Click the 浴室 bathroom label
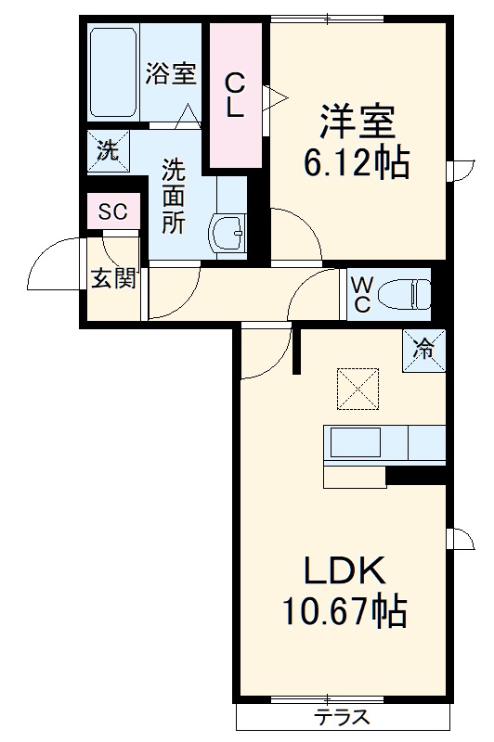[170, 74]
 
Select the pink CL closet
[235, 96]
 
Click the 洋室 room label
[357, 123]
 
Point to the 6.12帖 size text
[357, 164]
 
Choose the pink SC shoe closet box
[113, 211]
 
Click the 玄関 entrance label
[113, 277]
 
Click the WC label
[359, 293]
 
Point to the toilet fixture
[405, 294]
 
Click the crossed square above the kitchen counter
[357, 389]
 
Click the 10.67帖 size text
[343, 611]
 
